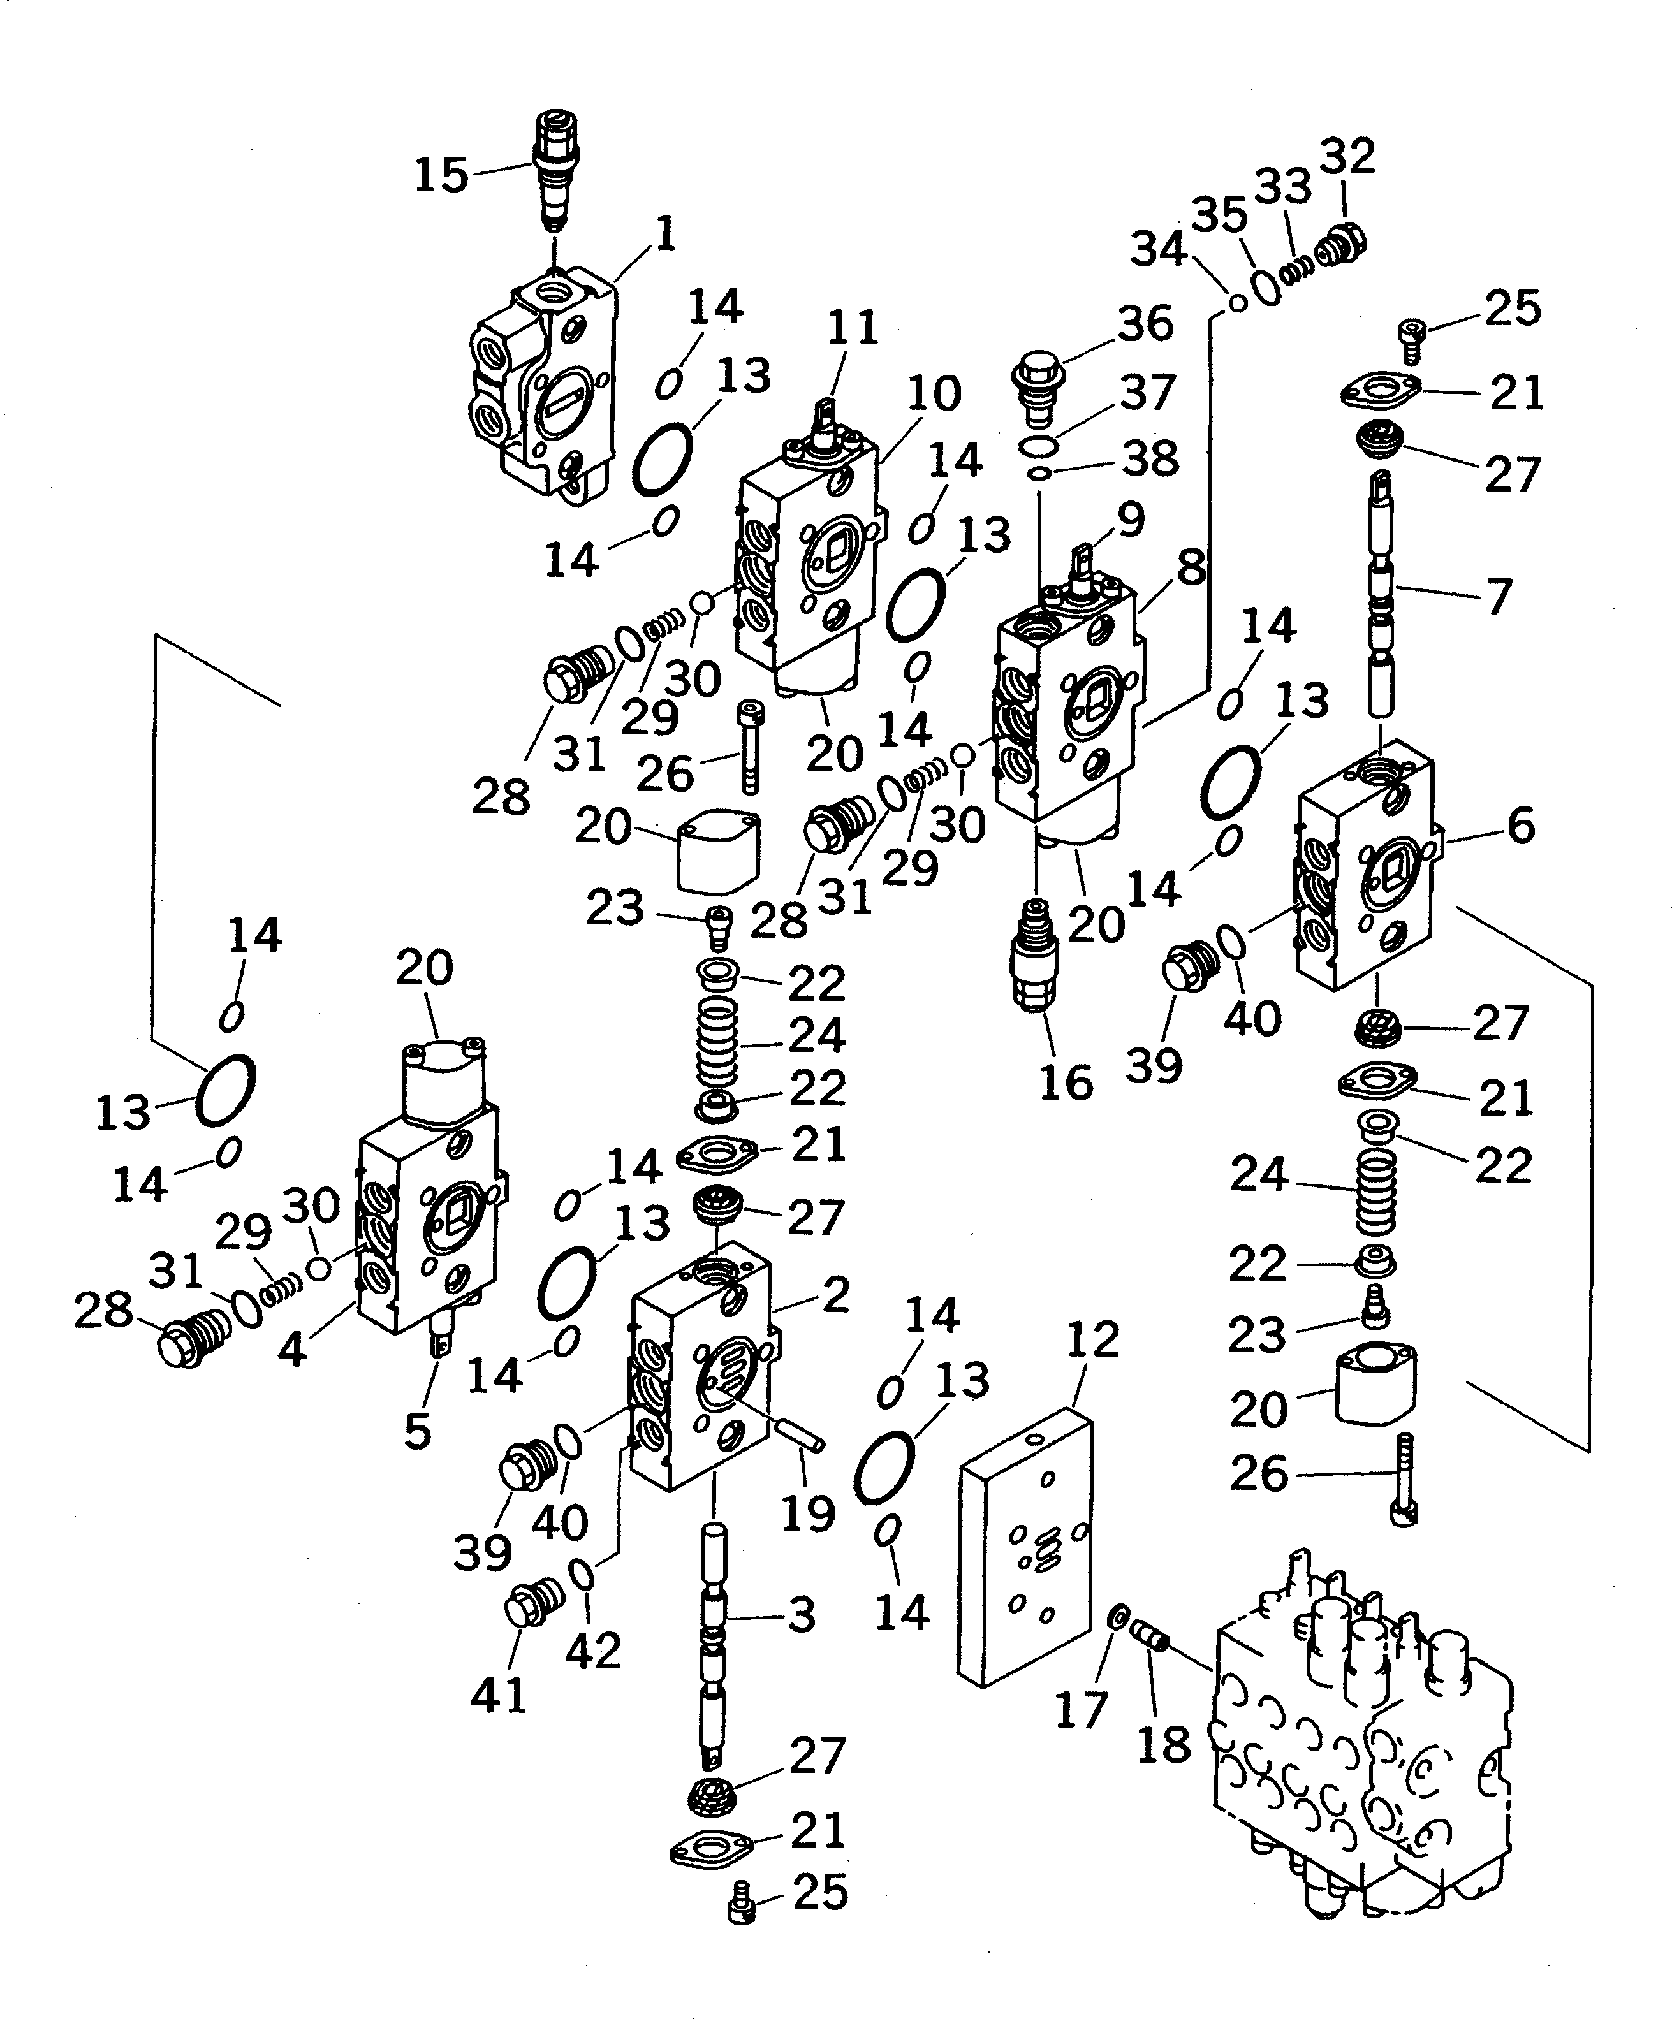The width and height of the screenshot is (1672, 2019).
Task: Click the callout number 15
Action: click(x=441, y=176)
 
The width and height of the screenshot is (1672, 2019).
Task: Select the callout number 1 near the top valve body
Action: click(x=664, y=233)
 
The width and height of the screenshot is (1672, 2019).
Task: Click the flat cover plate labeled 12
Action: click(x=1026, y=1548)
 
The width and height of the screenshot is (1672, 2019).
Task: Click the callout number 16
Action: click(x=1066, y=1082)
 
